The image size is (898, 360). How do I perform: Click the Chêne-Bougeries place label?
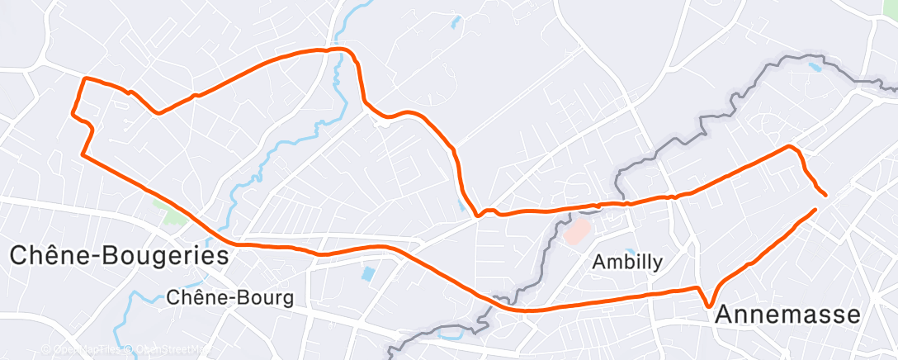(x=119, y=255)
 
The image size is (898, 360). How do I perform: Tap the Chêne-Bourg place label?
(x=229, y=298)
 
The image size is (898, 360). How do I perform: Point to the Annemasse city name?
(x=787, y=315)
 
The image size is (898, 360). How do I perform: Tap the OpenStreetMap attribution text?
(x=165, y=349)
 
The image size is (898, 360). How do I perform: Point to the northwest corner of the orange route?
(x=83, y=78)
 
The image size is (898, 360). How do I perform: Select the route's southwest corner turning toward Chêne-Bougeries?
(x=82, y=154)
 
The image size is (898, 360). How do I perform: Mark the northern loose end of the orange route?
(x=825, y=195)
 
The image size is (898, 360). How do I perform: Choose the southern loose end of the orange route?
(x=815, y=210)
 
